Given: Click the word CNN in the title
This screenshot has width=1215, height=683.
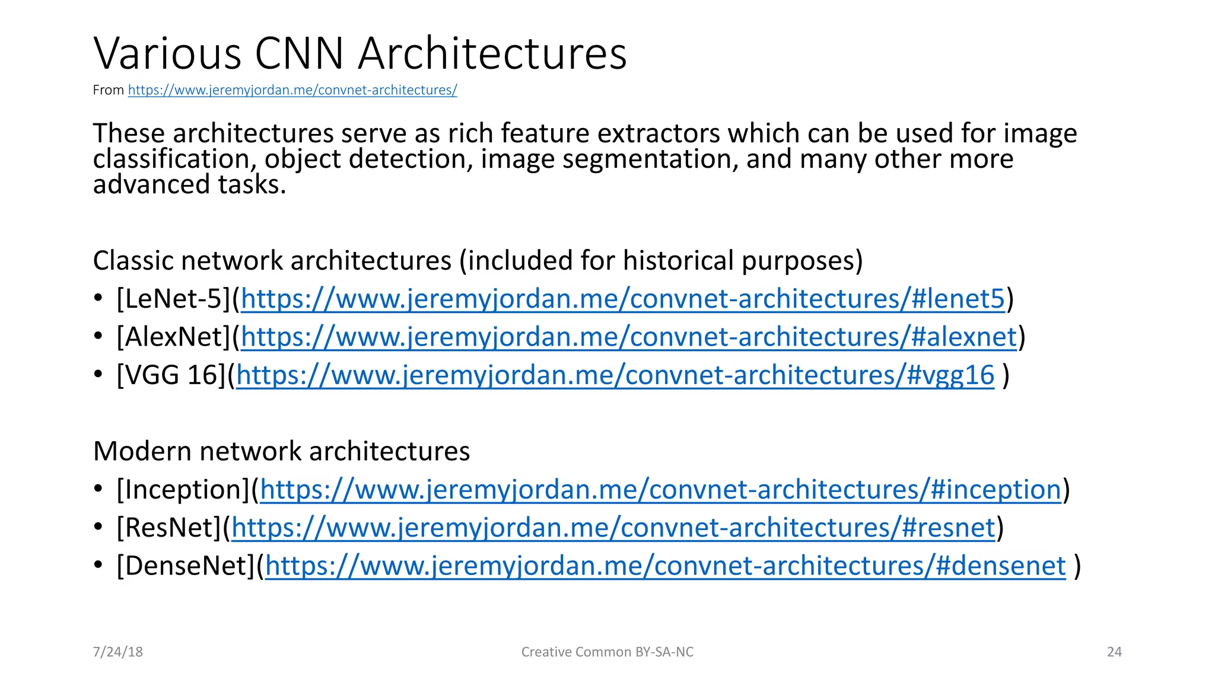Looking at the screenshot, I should point(299,53).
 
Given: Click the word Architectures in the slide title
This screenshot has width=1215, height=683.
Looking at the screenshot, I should point(492,53).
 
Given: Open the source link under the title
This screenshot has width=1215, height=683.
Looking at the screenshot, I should point(292,90).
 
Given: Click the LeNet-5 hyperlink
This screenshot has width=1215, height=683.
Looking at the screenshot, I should point(623,299).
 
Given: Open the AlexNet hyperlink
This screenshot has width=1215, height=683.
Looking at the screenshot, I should point(629,337).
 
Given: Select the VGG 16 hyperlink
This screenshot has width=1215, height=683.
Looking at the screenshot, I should point(615,375).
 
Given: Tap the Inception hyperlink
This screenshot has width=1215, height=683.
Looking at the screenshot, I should point(660,490).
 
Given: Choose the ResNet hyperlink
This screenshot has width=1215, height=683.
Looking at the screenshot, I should point(613,528).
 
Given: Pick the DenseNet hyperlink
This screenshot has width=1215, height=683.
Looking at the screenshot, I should point(665,566).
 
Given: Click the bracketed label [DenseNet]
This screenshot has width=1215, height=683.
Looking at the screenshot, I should point(186,566).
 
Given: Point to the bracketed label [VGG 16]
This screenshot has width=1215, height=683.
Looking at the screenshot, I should point(171,375).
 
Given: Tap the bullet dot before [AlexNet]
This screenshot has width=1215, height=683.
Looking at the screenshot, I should point(98,337).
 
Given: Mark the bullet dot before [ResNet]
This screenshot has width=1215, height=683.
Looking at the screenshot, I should point(98,528).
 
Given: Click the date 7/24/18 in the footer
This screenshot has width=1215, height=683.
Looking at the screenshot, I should point(117,652).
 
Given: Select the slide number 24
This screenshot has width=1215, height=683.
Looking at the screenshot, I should point(1114,652).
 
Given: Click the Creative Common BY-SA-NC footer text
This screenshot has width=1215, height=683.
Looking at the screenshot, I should point(607,652).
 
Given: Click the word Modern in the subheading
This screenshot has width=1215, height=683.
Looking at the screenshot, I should point(142,451).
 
